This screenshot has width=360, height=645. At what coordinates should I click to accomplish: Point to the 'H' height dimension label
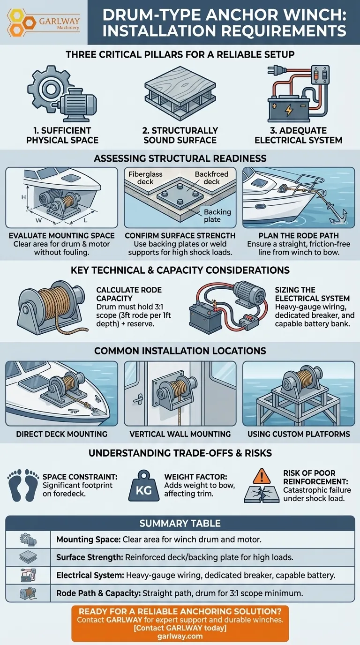coord(23,197)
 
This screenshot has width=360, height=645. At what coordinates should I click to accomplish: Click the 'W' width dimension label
coord(38,221)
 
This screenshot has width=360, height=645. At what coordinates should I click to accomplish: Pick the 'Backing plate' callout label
coord(217,216)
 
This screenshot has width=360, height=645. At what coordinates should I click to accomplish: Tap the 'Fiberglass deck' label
coord(145,178)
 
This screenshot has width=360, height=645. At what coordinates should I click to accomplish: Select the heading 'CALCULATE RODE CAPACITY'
coord(129,294)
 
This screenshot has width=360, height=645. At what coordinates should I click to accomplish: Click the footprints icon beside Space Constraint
coord(23,485)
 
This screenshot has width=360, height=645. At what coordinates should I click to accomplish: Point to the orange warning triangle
coord(262,477)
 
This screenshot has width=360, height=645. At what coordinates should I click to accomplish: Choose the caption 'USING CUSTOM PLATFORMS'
coord(299,434)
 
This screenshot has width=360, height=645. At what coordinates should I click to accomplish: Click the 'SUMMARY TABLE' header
coord(180,523)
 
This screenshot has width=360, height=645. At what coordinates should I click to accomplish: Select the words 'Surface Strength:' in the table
coord(90,557)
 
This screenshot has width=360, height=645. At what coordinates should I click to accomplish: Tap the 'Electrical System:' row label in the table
coord(90,575)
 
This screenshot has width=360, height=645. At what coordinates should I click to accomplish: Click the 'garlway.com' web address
coord(180,636)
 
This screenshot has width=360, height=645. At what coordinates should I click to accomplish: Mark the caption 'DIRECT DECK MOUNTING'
coord(61,434)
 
